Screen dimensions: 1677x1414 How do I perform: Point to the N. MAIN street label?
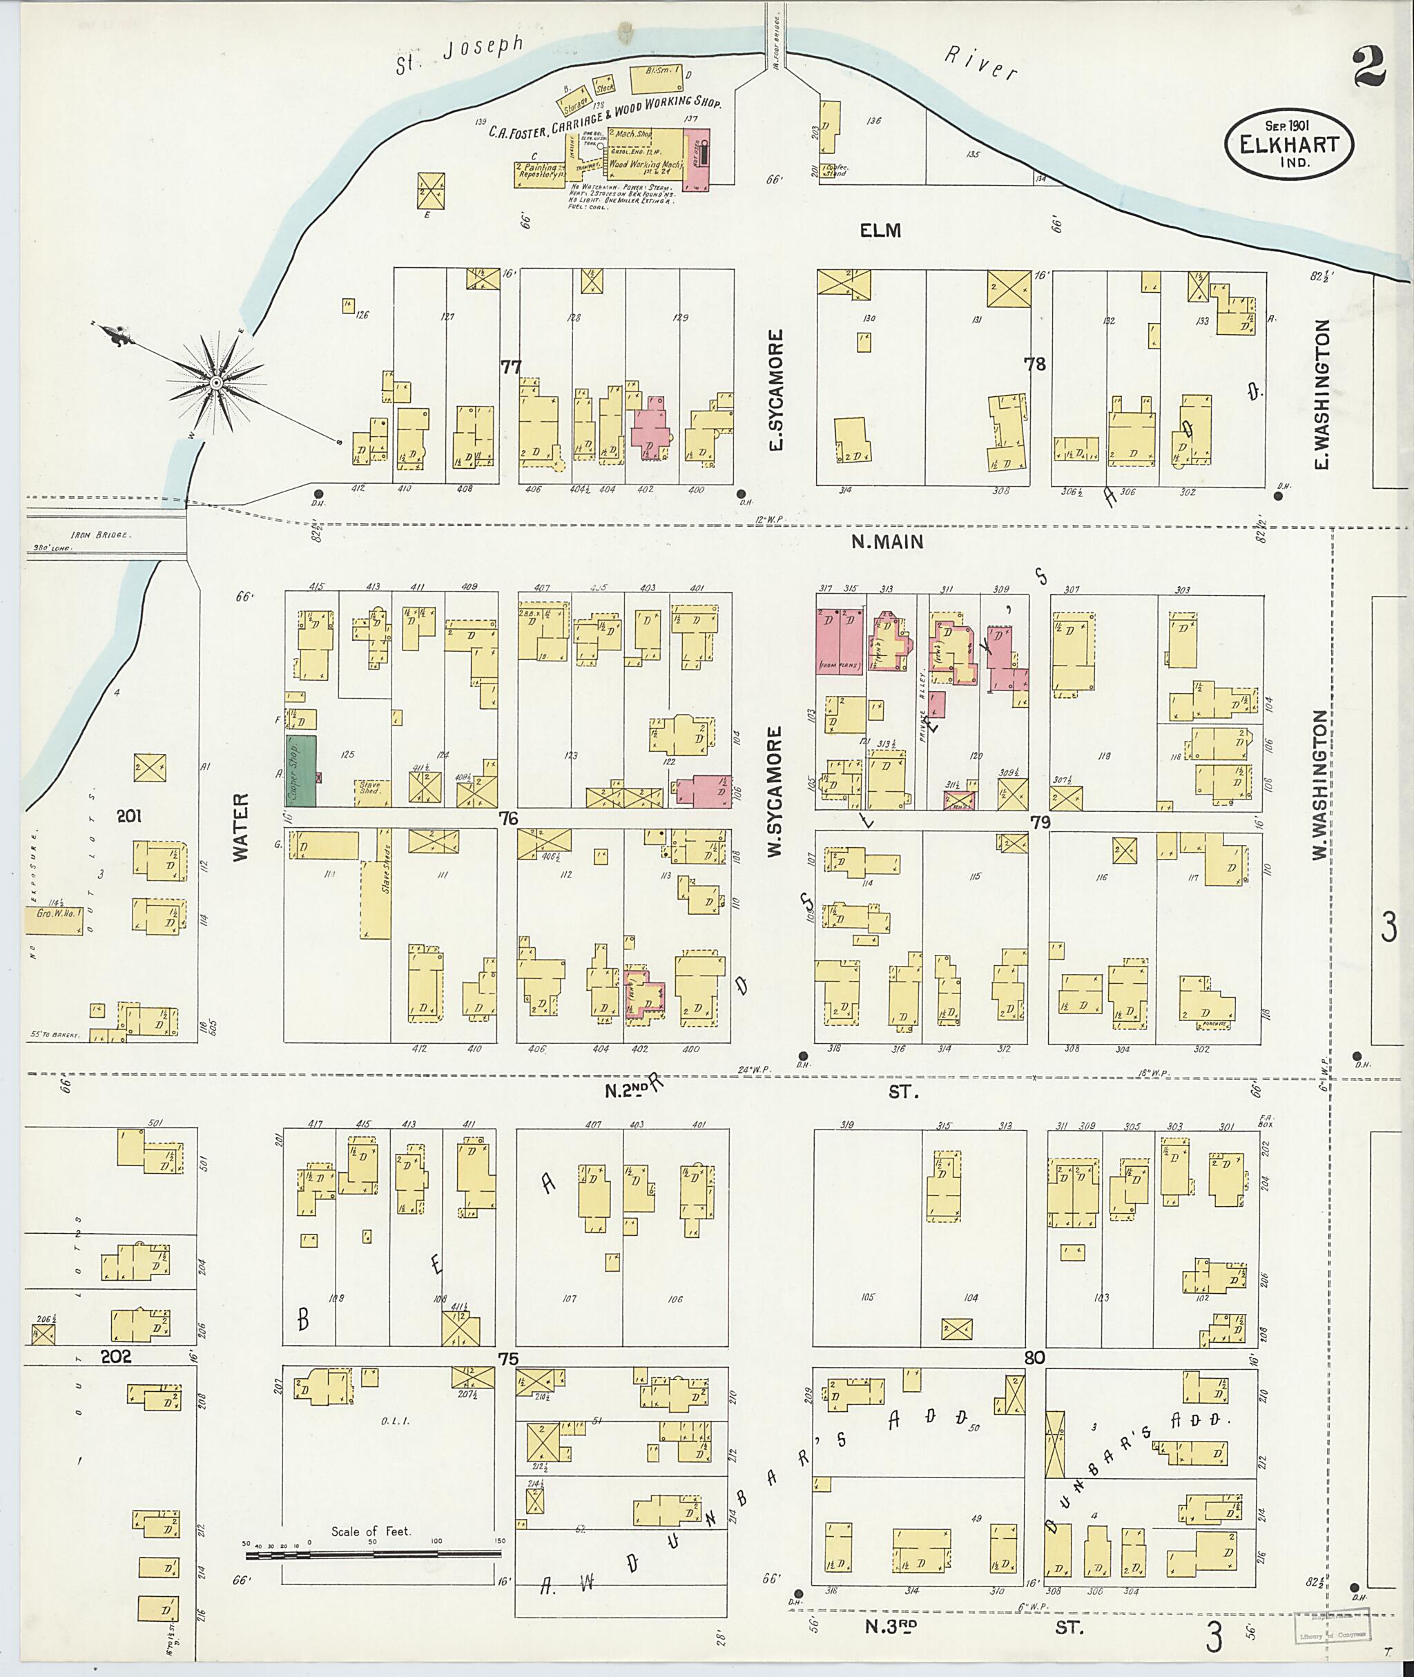(x=887, y=542)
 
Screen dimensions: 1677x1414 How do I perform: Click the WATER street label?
(x=240, y=827)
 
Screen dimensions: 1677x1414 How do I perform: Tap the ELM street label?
(x=880, y=231)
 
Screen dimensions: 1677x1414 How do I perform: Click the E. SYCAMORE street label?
(x=775, y=390)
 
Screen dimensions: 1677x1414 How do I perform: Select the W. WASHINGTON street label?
(x=1319, y=786)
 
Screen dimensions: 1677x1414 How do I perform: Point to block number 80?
(x=1034, y=1358)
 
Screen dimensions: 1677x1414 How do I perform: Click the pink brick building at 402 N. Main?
(x=651, y=427)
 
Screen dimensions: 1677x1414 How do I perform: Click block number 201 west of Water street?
(x=128, y=816)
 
